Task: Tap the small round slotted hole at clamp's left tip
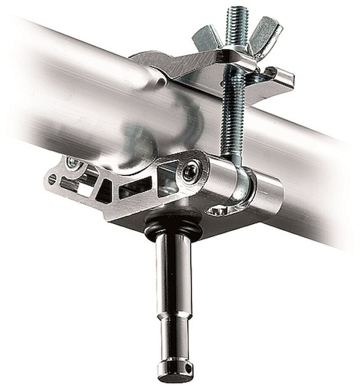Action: point(52,180)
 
